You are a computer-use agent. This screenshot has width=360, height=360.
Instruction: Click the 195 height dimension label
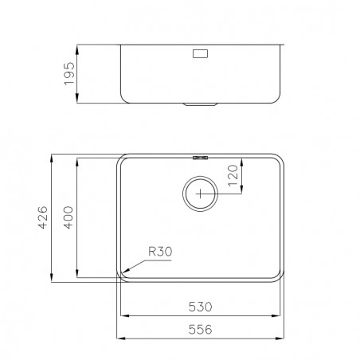(x=69, y=73)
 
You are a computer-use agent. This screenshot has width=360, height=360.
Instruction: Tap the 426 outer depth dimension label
(x=43, y=217)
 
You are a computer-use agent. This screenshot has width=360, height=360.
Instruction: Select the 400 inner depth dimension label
(x=68, y=217)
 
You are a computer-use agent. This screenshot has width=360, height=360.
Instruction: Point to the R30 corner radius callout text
(x=160, y=252)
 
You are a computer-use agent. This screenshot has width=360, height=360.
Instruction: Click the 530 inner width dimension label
(x=201, y=307)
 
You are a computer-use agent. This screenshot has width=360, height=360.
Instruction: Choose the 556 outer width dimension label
(x=201, y=330)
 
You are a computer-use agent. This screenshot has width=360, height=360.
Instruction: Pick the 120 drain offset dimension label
(x=233, y=175)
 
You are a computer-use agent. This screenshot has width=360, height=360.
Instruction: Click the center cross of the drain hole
(x=200, y=194)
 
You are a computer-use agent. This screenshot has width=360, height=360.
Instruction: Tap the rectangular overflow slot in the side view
(x=200, y=53)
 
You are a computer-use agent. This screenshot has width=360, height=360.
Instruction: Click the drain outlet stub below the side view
(x=201, y=104)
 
